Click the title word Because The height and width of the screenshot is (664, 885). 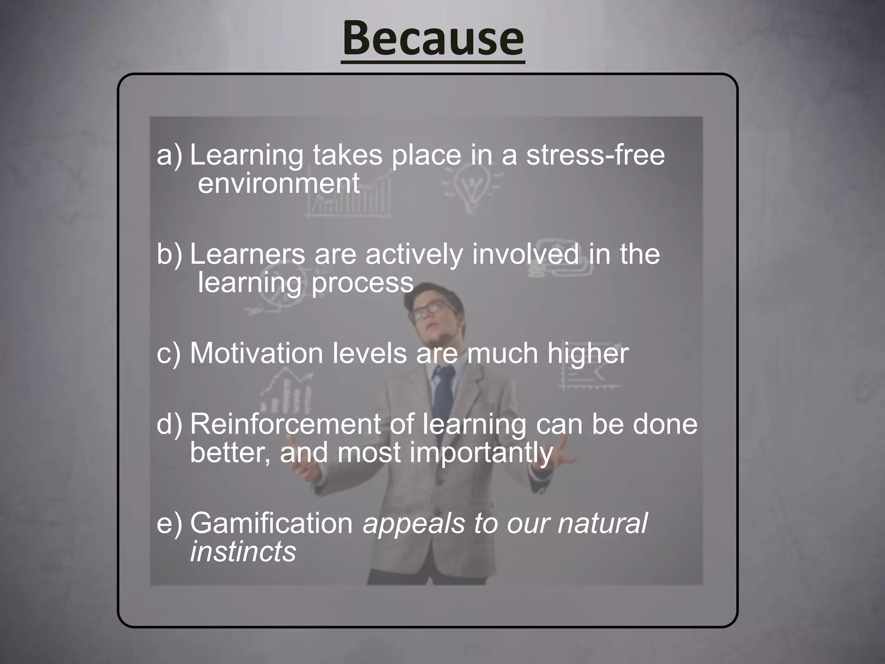click(433, 40)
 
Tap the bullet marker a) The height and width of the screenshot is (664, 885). click(169, 156)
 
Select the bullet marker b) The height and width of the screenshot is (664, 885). click(169, 254)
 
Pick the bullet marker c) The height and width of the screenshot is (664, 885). click(169, 354)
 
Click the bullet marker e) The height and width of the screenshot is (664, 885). click(169, 524)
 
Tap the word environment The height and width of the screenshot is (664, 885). click(279, 183)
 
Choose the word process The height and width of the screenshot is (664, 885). click(362, 283)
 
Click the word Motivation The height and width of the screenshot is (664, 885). click(257, 354)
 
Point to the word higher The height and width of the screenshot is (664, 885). click(588, 354)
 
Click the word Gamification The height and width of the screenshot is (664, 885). click(272, 524)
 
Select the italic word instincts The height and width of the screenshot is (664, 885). click(243, 552)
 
